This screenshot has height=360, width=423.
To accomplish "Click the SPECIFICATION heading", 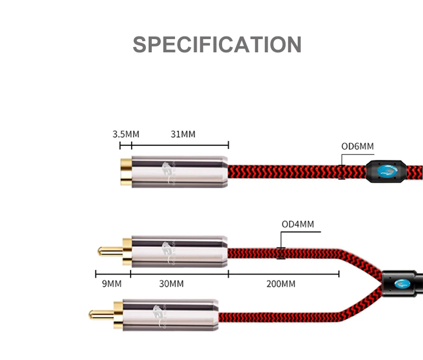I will pyautogui.click(x=217, y=44).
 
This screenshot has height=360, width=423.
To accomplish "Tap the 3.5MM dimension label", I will pyautogui.click(x=123, y=134).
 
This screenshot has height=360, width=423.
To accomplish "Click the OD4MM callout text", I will pyautogui.click(x=298, y=224).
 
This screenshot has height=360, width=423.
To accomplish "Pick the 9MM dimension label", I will pyautogui.click(x=112, y=284).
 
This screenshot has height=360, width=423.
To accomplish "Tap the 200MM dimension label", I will pyautogui.click(x=281, y=284).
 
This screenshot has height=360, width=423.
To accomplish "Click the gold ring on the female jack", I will pyautogui.click(x=125, y=171).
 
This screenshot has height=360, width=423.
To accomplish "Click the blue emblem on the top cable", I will pyautogui.click(x=387, y=171).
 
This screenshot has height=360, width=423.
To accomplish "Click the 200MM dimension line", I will pyautogui.click(x=284, y=274).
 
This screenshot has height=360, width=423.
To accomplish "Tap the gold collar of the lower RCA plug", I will pyautogui.click(x=117, y=313).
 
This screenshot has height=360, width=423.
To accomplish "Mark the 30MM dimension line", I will pyautogui.click(x=180, y=274).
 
